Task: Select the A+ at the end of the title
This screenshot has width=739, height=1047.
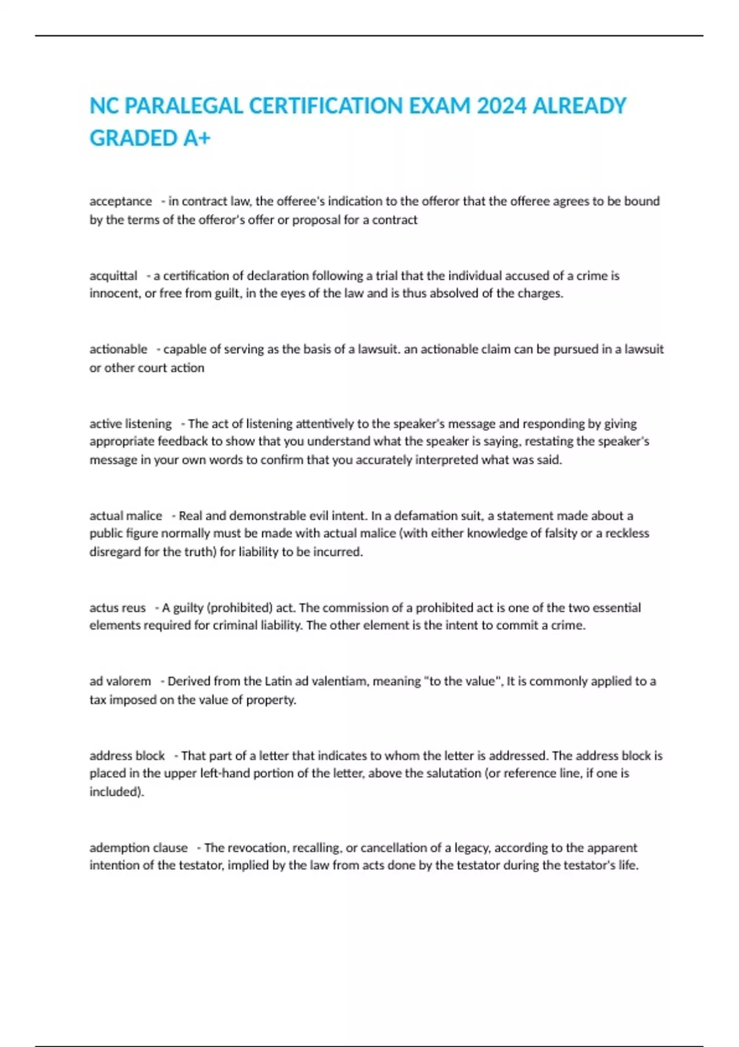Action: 196,138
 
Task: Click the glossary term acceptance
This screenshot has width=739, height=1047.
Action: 121,201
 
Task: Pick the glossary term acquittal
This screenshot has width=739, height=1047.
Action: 113,275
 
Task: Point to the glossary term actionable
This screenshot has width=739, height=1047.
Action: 118,349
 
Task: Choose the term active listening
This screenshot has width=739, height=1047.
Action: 131,424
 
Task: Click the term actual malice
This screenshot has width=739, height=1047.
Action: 126,515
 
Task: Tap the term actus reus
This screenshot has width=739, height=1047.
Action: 118,608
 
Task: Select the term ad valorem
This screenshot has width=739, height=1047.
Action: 120,681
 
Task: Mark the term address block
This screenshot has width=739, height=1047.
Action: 127,756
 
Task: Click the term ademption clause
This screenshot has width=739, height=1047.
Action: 139,848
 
